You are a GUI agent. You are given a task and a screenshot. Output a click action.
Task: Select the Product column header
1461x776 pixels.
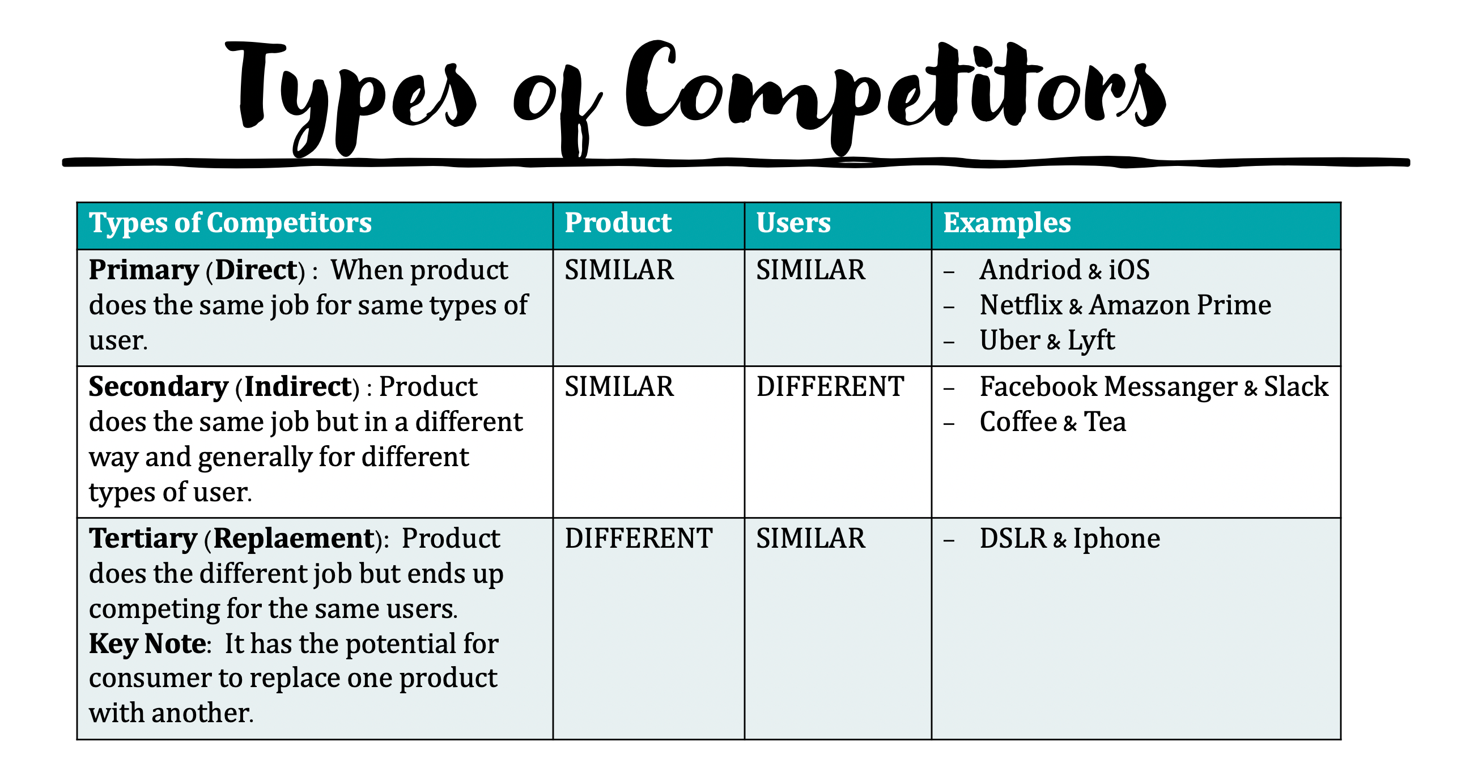pos(618,223)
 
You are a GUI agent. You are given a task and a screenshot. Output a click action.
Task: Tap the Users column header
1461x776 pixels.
pos(793,223)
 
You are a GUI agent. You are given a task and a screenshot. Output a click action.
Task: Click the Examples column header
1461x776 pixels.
pos(1006,223)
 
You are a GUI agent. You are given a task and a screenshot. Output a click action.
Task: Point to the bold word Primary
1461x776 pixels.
pos(143,270)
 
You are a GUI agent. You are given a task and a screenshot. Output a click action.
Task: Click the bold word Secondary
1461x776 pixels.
pos(158,387)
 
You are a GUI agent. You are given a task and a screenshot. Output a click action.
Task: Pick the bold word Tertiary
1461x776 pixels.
pos(143,539)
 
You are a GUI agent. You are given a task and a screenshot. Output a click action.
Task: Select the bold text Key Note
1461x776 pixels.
pos(147,644)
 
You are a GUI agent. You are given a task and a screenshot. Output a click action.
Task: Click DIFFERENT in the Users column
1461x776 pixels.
pos(830,387)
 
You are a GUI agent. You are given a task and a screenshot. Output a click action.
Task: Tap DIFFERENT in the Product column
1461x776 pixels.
pos(638,539)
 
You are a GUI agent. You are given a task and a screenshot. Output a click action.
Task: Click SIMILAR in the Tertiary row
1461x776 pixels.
pos(810,539)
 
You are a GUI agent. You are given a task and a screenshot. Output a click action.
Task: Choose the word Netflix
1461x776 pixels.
pos(1021,305)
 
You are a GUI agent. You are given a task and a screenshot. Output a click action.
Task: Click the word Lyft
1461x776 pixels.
pos(1090,341)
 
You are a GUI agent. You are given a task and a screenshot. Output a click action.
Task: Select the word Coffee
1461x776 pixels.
pos(1018,423)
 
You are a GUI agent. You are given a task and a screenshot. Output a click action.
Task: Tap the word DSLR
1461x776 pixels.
pos(1013,539)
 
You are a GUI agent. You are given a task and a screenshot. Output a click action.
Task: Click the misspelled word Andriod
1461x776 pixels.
pos(1030,270)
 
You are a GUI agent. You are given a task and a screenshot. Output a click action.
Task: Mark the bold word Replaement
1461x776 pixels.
pos(293,539)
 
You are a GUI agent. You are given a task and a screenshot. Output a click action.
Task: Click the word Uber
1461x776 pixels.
pos(1009,341)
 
